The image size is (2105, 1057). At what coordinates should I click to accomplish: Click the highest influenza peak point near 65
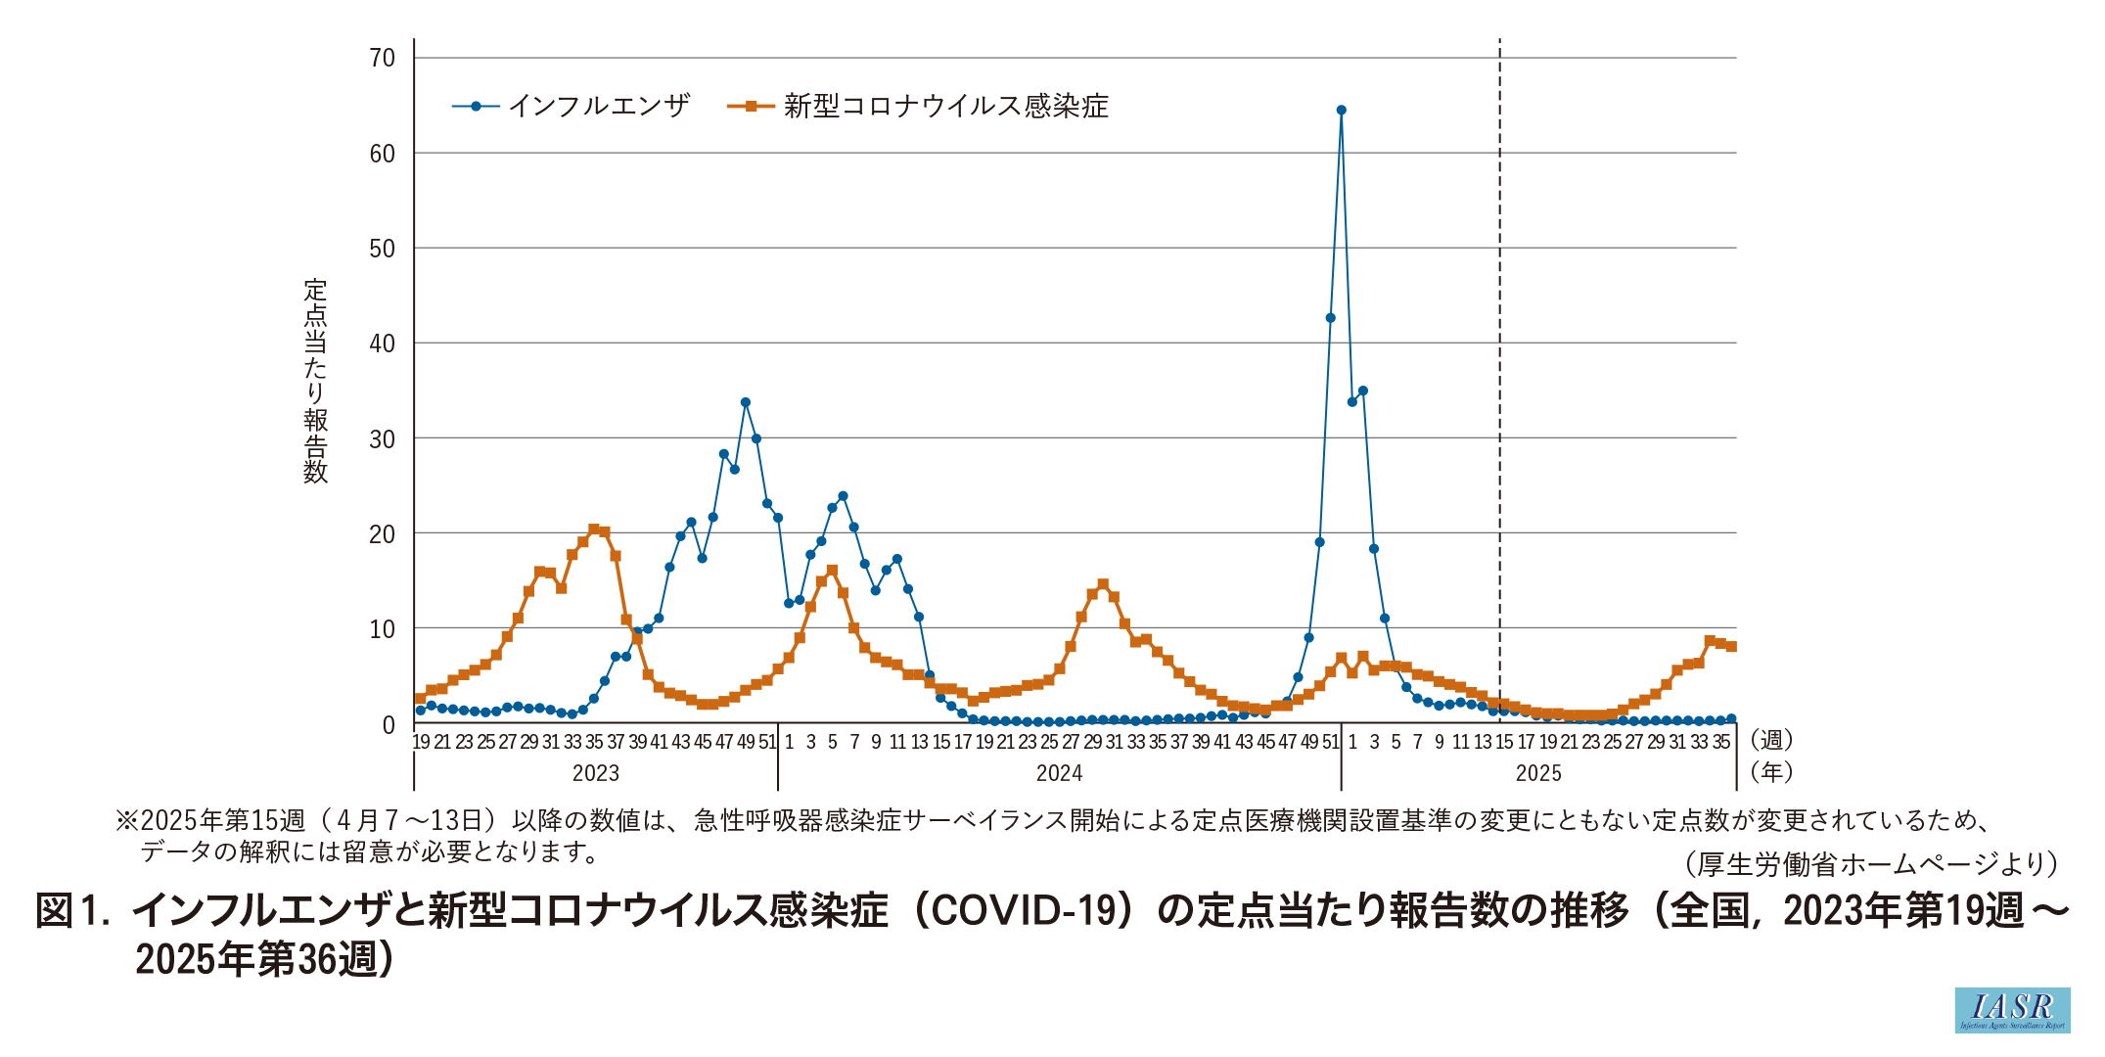click(1341, 111)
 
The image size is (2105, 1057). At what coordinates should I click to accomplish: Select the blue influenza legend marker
click(476, 106)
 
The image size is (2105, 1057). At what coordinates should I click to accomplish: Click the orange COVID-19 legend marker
click(751, 106)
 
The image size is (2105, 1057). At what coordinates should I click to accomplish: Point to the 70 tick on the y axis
click(383, 59)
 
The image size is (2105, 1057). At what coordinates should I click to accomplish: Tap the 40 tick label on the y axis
click(383, 344)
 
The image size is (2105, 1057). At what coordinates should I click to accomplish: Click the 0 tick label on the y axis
click(389, 725)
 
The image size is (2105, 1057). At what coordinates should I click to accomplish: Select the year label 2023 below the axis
click(595, 773)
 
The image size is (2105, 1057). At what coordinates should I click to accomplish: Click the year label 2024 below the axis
click(1059, 773)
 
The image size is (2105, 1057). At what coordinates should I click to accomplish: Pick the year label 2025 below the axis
click(1538, 773)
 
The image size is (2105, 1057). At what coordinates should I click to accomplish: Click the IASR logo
click(2012, 1009)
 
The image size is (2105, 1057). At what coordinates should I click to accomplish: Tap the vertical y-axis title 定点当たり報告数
click(315, 381)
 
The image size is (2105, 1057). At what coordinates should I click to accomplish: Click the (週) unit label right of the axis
click(1771, 740)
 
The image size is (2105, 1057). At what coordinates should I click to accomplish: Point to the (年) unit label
click(1771, 772)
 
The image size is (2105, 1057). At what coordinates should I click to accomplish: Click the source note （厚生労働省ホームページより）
click(1872, 863)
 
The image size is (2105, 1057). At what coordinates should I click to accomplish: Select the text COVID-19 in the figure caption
click(1023, 910)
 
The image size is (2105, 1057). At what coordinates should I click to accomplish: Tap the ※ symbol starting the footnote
click(127, 820)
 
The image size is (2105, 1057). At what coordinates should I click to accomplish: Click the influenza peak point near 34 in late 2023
click(746, 402)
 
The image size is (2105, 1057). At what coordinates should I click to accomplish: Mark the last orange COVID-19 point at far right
click(1731, 646)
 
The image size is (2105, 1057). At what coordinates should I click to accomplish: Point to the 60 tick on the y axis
click(383, 154)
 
